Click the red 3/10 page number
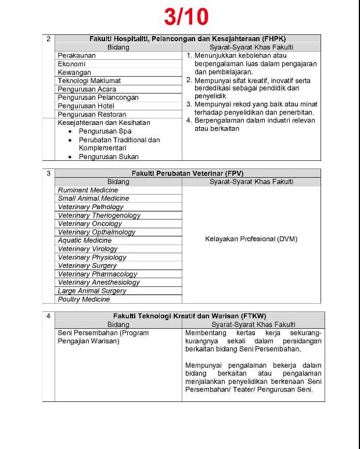point(186,16)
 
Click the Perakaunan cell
point(77,55)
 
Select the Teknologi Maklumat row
point(89,81)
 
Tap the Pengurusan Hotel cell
point(86,106)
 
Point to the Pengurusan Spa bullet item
point(105,131)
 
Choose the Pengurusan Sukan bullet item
point(109,156)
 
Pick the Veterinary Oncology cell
point(90,224)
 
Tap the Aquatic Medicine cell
point(85,240)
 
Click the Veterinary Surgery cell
point(87,265)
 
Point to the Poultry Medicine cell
point(84,299)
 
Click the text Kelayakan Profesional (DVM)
point(251,239)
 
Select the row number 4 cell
point(49,316)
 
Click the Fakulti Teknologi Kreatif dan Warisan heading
point(189,316)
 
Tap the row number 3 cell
point(49,173)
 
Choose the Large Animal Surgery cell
point(92,291)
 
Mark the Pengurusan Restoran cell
point(92,114)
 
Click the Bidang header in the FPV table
point(118,182)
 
